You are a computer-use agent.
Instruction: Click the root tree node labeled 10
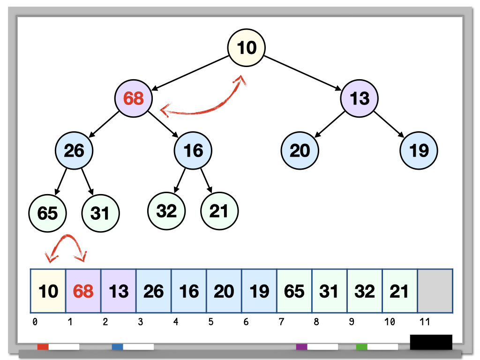coord(247,47)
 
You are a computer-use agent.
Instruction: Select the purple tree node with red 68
coord(134,98)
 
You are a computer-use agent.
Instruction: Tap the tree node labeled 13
coord(360,98)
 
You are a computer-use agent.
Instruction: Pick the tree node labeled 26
coord(74,150)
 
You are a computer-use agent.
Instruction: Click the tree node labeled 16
coord(193,150)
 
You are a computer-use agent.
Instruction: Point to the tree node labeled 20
coord(300,150)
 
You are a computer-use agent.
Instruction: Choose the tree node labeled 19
coord(419,150)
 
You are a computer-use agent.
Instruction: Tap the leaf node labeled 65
coord(47,213)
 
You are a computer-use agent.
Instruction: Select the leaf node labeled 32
coord(166,211)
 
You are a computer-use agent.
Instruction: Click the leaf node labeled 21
coord(219,211)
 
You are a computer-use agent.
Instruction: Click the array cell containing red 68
coord(83,291)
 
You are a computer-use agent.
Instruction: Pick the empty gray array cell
coord(435,291)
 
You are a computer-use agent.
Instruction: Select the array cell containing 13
coord(119,291)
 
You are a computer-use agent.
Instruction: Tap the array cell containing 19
coord(259,291)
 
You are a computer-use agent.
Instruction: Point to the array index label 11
coord(424,322)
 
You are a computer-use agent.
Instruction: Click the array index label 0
coord(35,322)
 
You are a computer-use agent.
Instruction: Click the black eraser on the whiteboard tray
coord(431,342)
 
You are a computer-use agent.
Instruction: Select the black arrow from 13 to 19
coord(390,124)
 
